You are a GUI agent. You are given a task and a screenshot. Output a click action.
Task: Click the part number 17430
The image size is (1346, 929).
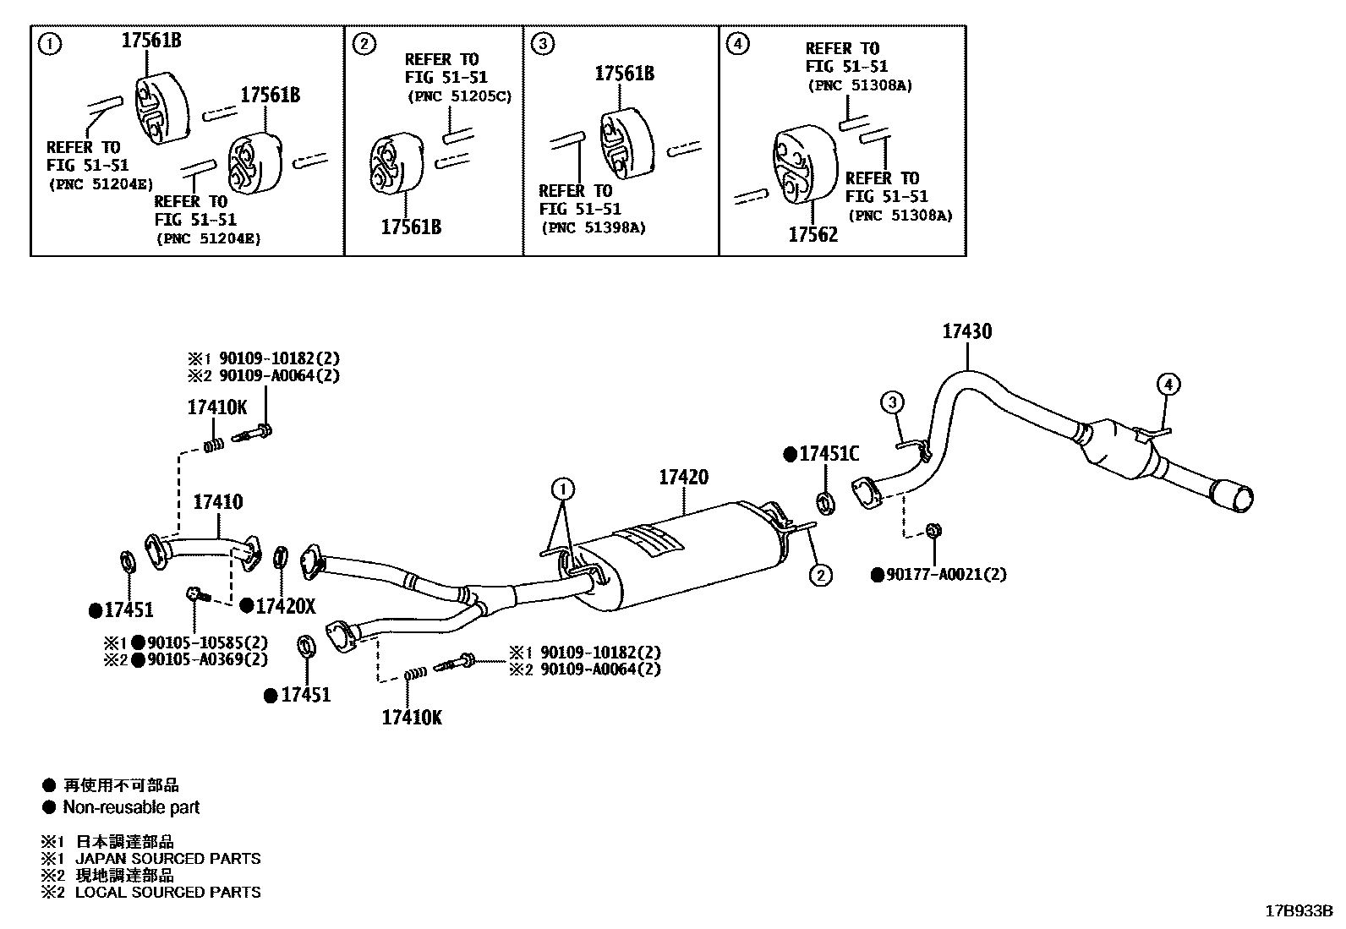966,331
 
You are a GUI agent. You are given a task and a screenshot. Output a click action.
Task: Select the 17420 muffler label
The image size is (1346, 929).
683,478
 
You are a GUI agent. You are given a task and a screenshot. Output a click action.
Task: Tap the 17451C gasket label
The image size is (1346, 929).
828,455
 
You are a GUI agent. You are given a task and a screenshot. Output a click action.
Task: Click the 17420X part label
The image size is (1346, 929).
285,605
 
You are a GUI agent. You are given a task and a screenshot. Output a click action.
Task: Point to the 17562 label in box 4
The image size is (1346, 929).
813,234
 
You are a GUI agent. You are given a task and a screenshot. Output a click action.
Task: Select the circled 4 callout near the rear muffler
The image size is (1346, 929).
1168,385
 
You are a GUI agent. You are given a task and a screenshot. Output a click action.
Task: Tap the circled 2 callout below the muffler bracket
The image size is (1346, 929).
820,576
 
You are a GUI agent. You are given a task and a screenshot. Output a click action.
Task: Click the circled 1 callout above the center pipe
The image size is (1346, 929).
563,488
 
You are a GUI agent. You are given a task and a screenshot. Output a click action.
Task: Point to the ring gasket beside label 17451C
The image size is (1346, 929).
826,504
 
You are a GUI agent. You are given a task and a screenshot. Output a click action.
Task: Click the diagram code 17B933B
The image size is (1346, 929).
1298,911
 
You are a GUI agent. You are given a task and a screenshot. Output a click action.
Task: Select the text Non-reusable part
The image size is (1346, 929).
131,807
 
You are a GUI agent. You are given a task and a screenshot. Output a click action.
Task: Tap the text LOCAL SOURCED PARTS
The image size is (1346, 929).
167,892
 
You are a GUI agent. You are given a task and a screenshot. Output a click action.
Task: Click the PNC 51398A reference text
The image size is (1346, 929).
593,228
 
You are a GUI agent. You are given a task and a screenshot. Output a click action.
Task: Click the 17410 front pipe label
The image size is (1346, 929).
217,502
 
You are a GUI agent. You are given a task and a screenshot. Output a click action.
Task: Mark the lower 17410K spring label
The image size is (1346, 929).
412,718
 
